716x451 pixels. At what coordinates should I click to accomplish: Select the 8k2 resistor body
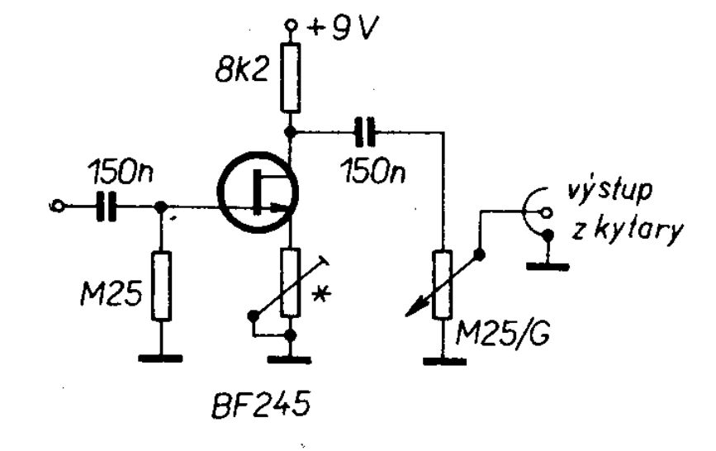290,78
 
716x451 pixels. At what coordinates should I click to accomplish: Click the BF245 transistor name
261,404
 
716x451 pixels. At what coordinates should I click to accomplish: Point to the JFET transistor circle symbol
258,192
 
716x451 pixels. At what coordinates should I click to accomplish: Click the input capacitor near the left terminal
107,207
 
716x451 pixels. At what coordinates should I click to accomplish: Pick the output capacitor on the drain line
365,132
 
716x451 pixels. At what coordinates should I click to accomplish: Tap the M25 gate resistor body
161,286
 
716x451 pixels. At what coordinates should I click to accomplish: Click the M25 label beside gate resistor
111,293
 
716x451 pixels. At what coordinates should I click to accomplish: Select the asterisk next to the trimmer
321,295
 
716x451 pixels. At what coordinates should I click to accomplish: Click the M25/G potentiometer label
504,335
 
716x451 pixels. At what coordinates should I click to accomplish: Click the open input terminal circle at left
58,207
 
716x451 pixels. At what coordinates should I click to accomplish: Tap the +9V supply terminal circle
290,24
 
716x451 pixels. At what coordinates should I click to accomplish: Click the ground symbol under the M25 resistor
161,358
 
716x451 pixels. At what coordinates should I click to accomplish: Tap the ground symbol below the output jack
548,266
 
